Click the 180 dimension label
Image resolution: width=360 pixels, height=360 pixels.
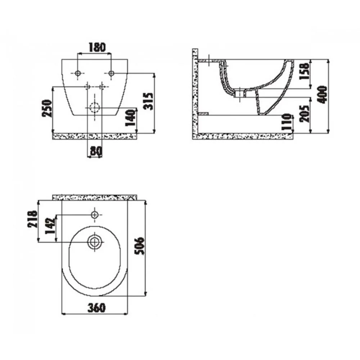pyautogui.click(x=97, y=47)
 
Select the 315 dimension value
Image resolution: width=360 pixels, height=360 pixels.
pyautogui.click(x=149, y=101)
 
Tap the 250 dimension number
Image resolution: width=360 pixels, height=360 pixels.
pyautogui.click(x=47, y=108)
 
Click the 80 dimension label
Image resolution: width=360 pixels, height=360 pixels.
pyautogui.click(x=96, y=150)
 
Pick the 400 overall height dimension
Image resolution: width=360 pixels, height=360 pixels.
pyautogui.click(x=323, y=95)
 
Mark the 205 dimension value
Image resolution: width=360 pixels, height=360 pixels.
pyautogui.click(x=305, y=113)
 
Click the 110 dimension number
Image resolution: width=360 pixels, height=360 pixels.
pyautogui.click(x=287, y=122)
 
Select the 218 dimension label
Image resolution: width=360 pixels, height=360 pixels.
pyautogui.click(x=32, y=219)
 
